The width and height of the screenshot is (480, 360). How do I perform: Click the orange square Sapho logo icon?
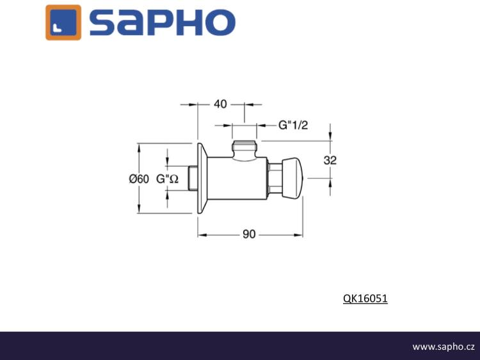63,22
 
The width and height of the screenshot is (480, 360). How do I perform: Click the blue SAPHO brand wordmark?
163,22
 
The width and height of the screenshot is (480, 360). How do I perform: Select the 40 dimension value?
220,104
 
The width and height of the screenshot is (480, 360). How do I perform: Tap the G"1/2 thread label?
293,125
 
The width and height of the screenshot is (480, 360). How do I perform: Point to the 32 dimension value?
330,160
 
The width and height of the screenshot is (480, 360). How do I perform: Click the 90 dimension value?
249,234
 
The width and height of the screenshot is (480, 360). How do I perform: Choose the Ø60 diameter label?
139,179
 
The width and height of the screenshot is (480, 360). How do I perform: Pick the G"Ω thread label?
168,179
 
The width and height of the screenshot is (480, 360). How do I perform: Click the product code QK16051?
365,299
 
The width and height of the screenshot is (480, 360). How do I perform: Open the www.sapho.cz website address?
444,347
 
